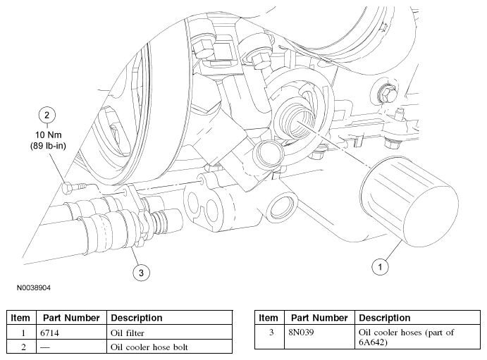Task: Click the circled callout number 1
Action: click(x=380, y=266)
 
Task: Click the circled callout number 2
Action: click(x=47, y=115)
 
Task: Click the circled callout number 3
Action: click(x=141, y=273)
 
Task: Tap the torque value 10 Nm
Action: click(x=48, y=135)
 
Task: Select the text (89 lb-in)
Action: click(x=48, y=146)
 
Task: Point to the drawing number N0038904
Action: click(x=34, y=287)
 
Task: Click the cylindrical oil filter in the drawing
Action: click(x=409, y=201)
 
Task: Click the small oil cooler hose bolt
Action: click(x=74, y=188)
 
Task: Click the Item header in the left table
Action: click(x=20, y=318)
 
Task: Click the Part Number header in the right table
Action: click(x=319, y=318)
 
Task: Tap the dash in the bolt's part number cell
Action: click(x=44, y=347)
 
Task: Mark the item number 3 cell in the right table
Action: click(x=271, y=333)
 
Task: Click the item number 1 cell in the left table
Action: click(x=23, y=333)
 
